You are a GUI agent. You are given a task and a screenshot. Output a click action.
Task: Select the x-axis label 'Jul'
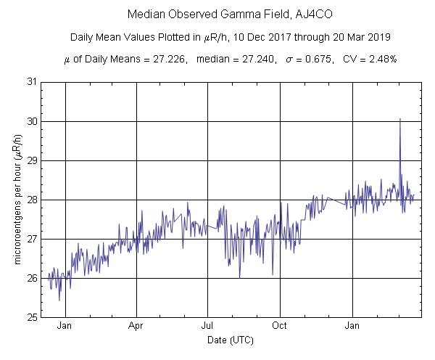point(208,326)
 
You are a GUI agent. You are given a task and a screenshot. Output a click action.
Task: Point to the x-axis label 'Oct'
point(280,326)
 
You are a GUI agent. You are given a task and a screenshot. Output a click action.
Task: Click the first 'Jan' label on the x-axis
point(65,326)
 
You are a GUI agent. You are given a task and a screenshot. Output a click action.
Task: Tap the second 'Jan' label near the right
point(353,326)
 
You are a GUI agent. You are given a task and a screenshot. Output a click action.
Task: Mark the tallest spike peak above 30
point(399,119)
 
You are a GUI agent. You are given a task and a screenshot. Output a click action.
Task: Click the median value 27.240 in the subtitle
point(245,59)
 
